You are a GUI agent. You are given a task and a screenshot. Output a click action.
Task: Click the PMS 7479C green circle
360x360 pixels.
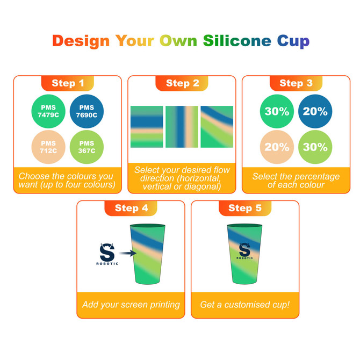[x=48, y=111]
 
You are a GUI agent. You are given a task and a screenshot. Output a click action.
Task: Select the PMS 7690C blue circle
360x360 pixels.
[x=87, y=111]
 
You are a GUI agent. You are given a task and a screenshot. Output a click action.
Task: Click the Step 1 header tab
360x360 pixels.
[x=68, y=83]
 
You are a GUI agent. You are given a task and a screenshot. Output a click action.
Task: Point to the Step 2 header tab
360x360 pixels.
[x=182, y=83]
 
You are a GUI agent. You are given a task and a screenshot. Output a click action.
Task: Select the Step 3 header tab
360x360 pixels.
[x=296, y=83]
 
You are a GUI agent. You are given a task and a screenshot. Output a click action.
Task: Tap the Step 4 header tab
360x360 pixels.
[x=131, y=208]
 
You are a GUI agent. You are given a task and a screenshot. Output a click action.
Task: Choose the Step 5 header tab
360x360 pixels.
[x=244, y=208]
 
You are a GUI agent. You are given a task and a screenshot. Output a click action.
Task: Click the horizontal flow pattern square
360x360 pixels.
[x=147, y=127]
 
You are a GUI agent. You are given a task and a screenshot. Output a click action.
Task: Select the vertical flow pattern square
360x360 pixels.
[x=182, y=127]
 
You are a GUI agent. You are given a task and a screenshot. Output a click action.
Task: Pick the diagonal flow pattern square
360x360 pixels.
[x=217, y=127]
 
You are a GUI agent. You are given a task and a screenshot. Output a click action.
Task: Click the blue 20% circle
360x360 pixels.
[x=315, y=112]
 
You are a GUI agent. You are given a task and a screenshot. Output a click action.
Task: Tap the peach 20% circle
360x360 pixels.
[x=277, y=147]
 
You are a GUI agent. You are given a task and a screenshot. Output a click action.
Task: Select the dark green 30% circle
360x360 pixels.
[x=277, y=112]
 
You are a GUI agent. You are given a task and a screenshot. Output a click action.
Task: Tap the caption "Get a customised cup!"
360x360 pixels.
[x=244, y=305]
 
